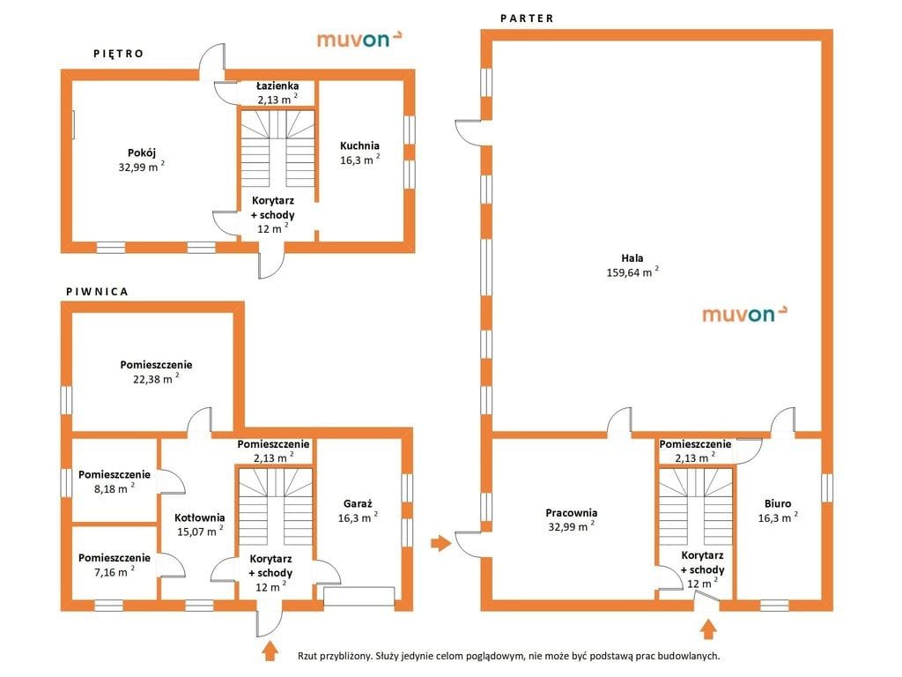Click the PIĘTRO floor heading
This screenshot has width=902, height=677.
click(x=119, y=54)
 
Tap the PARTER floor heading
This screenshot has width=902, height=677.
click(x=527, y=19)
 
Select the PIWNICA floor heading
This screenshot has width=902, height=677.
click(x=97, y=292)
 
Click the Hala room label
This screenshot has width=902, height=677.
click(x=632, y=258)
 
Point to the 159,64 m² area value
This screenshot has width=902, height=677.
click(x=632, y=272)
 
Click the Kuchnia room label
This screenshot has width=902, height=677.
click(x=359, y=145)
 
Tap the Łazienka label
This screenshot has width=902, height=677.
click(x=277, y=86)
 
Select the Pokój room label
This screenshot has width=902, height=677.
click(x=142, y=153)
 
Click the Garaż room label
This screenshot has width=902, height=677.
click(x=358, y=503)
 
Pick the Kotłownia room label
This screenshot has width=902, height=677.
click(x=200, y=517)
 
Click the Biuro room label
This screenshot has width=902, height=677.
click(x=778, y=503)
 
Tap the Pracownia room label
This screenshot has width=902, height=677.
click(x=571, y=512)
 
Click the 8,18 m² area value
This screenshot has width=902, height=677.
click(x=114, y=488)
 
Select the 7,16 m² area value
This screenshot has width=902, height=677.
click(x=114, y=571)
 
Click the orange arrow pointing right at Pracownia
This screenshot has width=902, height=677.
click(x=441, y=542)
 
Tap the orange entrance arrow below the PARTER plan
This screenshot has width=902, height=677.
click(x=709, y=629)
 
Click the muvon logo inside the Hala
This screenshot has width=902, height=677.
click(x=744, y=314)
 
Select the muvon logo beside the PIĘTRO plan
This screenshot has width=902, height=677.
click(x=359, y=39)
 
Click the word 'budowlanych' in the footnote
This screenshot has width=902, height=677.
click(x=687, y=656)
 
